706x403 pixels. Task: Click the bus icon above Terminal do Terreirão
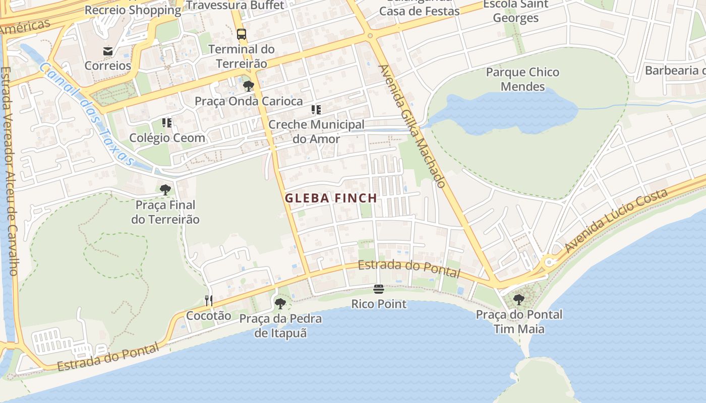[x=242, y=34]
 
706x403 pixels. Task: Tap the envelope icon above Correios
[x=108, y=51]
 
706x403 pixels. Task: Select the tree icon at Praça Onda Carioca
[x=249, y=86]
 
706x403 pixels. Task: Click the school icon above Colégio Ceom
[x=167, y=123]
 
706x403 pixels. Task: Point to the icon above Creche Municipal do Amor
[x=316, y=110]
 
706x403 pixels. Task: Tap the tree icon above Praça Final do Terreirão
[x=165, y=190]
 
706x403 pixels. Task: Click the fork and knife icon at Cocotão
[x=209, y=301]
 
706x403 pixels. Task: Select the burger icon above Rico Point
[x=379, y=289]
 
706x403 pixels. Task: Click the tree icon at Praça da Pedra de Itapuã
[x=280, y=303]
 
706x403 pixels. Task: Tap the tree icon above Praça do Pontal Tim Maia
[x=519, y=300]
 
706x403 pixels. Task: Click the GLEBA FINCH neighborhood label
[x=331, y=198]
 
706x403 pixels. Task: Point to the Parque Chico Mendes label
[x=522, y=79]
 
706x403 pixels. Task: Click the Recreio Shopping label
[x=133, y=10]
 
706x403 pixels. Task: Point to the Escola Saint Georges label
[x=515, y=11]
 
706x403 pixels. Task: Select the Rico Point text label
[x=379, y=304]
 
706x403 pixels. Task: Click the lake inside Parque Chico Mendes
[x=504, y=113]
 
